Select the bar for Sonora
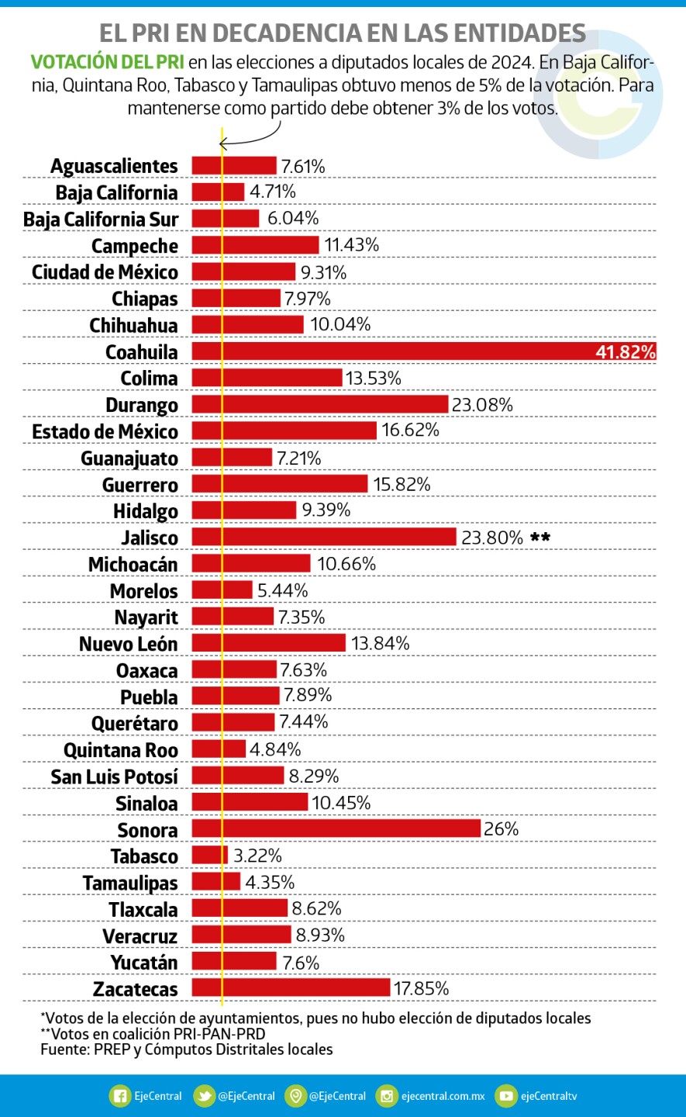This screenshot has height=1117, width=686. [x=336, y=828]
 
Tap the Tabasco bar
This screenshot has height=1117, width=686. [x=209, y=855]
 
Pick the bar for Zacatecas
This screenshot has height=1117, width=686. [x=291, y=987]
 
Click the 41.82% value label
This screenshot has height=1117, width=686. [x=625, y=352]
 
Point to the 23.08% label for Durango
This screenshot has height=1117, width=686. [x=482, y=404]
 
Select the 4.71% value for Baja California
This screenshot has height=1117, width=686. [x=272, y=192]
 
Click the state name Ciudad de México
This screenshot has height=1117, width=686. [x=105, y=272]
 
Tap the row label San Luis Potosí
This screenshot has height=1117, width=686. [x=114, y=776]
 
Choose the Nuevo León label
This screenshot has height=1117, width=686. [x=128, y=644]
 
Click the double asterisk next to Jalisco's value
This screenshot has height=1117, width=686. [x=540, y=537]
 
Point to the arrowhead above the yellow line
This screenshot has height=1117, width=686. [x=223, y=144]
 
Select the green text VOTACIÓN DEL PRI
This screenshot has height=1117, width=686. [x=107, y=62]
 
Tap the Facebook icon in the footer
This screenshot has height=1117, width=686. [x=120, y=1096]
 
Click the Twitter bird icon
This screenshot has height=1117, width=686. [x=204, y=1096]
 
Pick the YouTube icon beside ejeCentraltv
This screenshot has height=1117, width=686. [x=505, y=1096]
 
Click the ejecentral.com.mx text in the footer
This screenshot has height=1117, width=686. [x=443, y=1096]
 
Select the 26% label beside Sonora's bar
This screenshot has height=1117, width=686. [x=501, y=828]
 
